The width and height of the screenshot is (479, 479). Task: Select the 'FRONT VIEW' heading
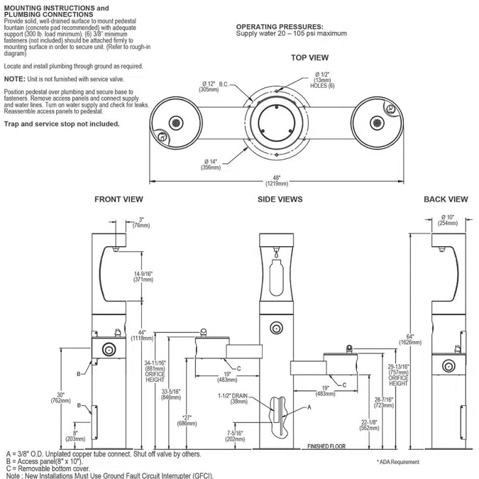[119, 199]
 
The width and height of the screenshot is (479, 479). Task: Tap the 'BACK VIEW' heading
[445, 199]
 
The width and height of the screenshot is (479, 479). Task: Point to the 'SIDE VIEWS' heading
[280, 199]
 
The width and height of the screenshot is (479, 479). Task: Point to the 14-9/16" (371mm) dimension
[143, 277]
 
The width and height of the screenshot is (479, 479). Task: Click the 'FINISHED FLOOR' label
[327, 447]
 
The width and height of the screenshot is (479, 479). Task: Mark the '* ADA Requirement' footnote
[397, 462]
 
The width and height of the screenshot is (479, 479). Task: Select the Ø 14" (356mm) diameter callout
[210, 164]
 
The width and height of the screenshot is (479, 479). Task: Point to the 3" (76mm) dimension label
[142, 222]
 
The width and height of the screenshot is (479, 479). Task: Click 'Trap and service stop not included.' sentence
[62, 123]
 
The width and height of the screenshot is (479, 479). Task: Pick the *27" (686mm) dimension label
[188, 420]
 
